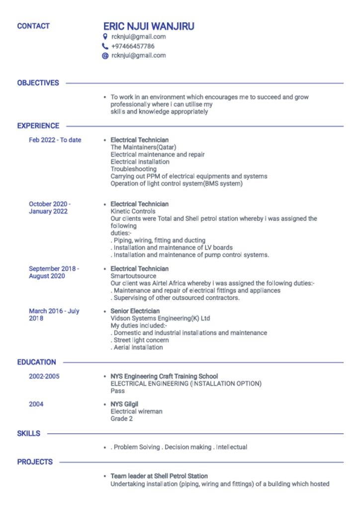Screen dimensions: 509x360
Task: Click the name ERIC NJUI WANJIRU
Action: point(149,26)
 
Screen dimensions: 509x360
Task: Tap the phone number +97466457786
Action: point(133,46)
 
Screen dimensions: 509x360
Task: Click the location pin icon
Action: point(105,37)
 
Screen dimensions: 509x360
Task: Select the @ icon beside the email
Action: point(105,56)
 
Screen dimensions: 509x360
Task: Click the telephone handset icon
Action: point(105,46)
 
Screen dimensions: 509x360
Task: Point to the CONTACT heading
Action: point(33,26)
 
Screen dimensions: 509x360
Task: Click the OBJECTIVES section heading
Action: point(38,83)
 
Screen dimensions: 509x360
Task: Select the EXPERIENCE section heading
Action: point(38,126)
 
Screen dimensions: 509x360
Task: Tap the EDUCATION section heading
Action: point(36,362)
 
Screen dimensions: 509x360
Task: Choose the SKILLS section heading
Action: point(29,434)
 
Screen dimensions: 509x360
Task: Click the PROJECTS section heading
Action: point(35,462)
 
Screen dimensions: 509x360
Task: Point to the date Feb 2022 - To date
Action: point(55,140)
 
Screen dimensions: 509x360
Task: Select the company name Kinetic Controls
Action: point(133,211)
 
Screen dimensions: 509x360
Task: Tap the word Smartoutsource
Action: point(133,276)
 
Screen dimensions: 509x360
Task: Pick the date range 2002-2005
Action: point(44,376)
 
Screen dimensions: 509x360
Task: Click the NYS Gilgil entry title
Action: point(124,404)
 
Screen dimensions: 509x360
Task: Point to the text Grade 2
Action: point(121,419)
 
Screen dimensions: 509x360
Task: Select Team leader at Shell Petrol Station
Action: point(159,476)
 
